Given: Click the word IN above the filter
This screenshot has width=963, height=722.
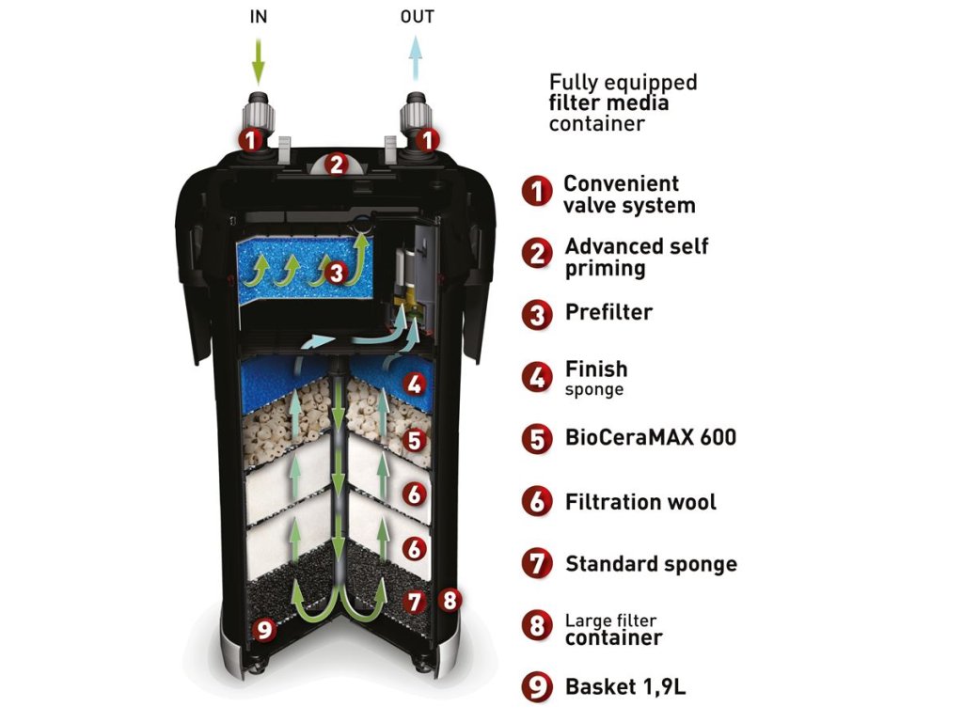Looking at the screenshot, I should tap(259, 18).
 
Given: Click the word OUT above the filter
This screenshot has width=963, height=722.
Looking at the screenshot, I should tap(418, 18).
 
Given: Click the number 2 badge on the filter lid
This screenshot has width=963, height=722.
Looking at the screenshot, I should tap(336, 165).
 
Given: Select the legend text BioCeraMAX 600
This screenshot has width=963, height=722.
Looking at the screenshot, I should tap(650, 438).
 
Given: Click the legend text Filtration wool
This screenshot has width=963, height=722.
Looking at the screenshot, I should tap(640, 502).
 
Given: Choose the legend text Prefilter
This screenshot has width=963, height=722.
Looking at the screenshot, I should tap(608, 312).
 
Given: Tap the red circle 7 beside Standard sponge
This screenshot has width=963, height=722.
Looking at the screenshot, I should tap(537, 564).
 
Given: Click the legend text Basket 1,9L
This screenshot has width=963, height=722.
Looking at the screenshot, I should tap(625, 686).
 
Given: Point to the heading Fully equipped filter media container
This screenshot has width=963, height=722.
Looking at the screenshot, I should tap(623, 102).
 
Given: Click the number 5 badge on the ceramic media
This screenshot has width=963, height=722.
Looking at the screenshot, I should tap(414, 439).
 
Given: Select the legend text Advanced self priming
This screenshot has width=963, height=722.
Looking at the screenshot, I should tap(636, 257).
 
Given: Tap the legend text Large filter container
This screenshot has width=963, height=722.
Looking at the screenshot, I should tap(613, 630).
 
